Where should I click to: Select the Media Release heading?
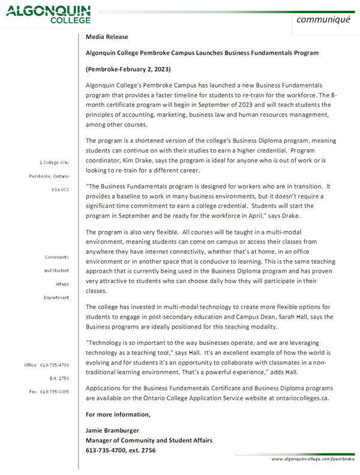coord(103,37)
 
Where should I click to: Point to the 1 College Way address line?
coord(54,163)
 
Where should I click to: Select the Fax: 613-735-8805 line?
coord(50,391)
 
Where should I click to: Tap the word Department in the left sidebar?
coord(55,297)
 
